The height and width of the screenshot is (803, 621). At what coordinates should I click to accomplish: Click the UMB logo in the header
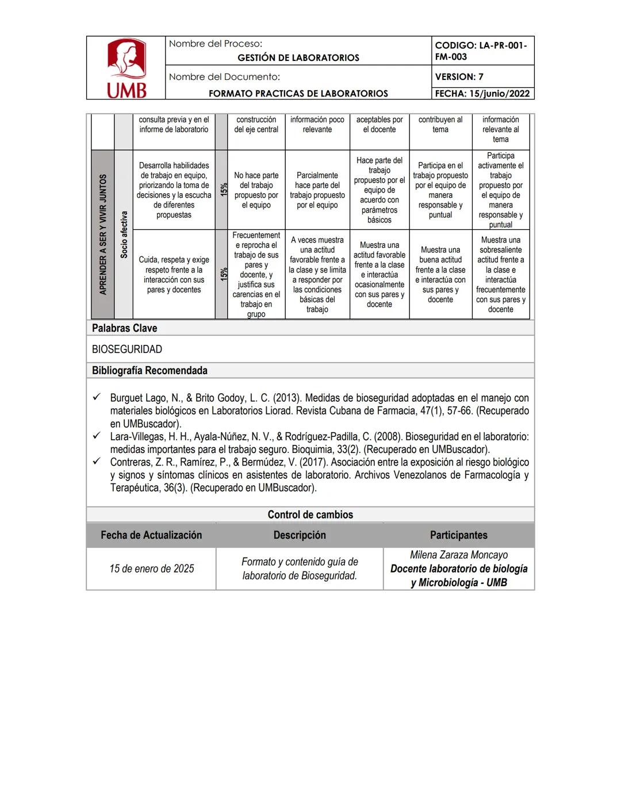(x=126, y=68)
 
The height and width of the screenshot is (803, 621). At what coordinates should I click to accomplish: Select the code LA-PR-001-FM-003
(x=481, y=51)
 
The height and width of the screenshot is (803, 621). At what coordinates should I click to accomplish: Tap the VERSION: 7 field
(x=459, y=76)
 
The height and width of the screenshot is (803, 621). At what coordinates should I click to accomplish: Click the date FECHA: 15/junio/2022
(x=482, y=94)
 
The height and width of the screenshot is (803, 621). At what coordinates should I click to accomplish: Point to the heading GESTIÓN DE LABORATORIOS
(x=298, y=57)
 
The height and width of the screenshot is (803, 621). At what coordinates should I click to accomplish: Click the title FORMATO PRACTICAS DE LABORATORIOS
(x=298, y=94)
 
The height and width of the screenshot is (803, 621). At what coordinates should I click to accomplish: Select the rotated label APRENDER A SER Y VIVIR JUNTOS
(x=103, y=235)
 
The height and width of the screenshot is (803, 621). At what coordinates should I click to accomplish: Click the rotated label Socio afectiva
(x=124, y=235)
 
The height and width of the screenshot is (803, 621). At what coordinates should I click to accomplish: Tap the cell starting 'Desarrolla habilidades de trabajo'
(x=174, y=190)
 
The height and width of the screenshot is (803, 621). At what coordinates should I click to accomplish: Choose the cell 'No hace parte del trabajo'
(x=256, y=190)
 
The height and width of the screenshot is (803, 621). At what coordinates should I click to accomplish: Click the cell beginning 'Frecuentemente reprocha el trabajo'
(x=256, y=275)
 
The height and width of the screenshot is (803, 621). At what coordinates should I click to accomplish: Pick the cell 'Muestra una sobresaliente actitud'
(x=500, y=275)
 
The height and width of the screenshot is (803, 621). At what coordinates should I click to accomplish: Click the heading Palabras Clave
(x=125, y=328)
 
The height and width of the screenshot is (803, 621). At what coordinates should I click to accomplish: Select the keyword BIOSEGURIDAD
(x=127, y=349)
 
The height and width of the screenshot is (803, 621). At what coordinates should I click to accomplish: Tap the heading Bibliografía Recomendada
(x=149, y=371)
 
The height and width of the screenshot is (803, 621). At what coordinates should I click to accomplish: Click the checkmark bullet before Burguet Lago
(x=97, y=397)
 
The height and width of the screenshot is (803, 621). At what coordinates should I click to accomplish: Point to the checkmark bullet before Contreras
(x=97, y=462)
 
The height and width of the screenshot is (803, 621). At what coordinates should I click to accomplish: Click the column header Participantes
(x=458, y=535)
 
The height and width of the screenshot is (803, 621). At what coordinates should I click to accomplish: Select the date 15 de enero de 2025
(x=152, y=568)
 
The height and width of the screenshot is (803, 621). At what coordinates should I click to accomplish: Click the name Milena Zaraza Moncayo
(x=458, y=555)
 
